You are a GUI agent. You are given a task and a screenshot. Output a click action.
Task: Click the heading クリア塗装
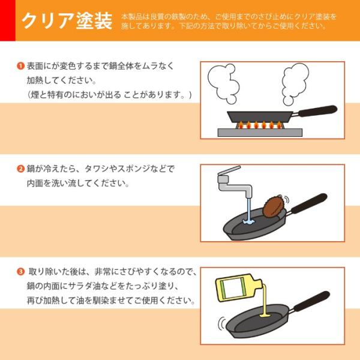[67, 20]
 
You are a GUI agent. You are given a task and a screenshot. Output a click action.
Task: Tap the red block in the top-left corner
[8, 20]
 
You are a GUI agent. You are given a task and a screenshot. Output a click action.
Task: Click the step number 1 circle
[20, 66]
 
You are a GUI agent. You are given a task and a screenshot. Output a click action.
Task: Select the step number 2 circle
[20, 169]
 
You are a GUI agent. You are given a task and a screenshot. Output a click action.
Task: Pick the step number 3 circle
[20, 272]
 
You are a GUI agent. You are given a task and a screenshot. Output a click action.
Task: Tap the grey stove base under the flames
[260, 133]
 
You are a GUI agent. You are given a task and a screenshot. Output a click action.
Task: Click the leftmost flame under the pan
[241, 125]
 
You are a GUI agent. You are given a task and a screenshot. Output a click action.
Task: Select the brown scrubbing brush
[274, 206]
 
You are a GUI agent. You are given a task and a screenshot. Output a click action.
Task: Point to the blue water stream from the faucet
[248, 211]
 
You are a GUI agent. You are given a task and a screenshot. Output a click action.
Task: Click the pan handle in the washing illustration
[308, 204]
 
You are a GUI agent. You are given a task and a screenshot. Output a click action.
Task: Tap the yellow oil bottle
[238, 287]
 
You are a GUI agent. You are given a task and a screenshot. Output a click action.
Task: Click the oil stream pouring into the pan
[265, 301]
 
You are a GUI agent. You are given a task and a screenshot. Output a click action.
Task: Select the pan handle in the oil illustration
[310, 302]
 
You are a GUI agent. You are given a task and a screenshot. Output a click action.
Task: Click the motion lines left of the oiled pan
[221, 323]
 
